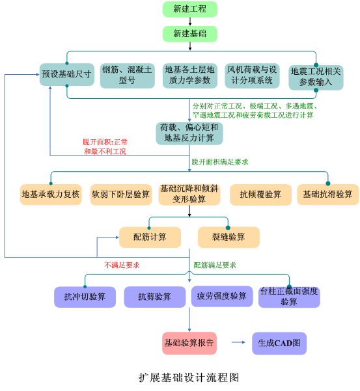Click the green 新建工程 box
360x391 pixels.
click(x=190, y=9)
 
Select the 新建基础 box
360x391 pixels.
click(x=190, y=34)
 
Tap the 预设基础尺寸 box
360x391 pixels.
click(x=67, y=74)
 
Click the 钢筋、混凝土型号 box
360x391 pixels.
click(x=127, y=76)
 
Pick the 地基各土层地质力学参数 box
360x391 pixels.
click(x=190, y=76)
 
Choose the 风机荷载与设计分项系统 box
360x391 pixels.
click(x=252, y=76)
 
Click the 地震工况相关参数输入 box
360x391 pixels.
click(x=316, y=77)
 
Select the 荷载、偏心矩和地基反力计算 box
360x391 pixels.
click(x=189, y=133)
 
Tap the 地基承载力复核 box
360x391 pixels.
click(x=51, y=195)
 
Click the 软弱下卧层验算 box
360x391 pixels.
click(x=121, y=195)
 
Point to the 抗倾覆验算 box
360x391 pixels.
click(x=260, y=195)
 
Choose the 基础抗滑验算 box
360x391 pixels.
click(x=328, y=195)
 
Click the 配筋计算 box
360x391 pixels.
click(x=150, y=237)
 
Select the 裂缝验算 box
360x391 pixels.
click(x=228, y=237)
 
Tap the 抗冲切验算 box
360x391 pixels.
click(x=85, y=297)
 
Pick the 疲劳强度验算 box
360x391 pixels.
click(x=222, y=296)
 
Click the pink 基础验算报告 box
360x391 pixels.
click(x=189, y=343)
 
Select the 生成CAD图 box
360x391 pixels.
click(x=279, y=343)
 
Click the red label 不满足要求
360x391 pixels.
click(x=122, y=265)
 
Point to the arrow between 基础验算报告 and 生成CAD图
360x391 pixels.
click(x=238, y=342)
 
